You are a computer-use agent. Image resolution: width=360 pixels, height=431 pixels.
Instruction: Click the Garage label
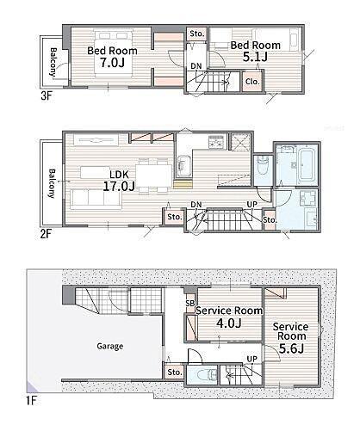pos(110,346)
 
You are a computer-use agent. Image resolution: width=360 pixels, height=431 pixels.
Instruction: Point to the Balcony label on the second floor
pos(50,181)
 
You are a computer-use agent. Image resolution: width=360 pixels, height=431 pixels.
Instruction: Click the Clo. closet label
pos(251,82)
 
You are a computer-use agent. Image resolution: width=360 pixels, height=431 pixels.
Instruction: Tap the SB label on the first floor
pos(189,304)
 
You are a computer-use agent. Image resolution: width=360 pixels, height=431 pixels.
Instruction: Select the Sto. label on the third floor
pos(196,34)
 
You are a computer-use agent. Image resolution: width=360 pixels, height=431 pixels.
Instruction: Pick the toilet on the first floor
pos(202,375)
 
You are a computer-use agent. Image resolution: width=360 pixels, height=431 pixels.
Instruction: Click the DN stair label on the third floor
pos(196,65)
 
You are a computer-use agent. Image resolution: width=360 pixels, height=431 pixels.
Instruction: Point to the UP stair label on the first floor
pos(251,359)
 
